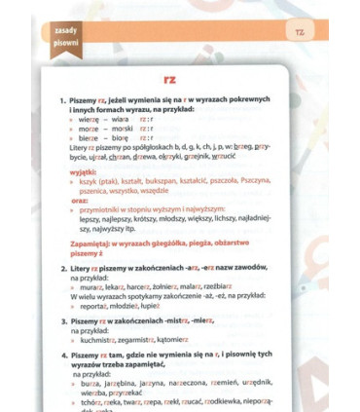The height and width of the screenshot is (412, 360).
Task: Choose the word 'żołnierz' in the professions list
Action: click(x=179, y=285)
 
